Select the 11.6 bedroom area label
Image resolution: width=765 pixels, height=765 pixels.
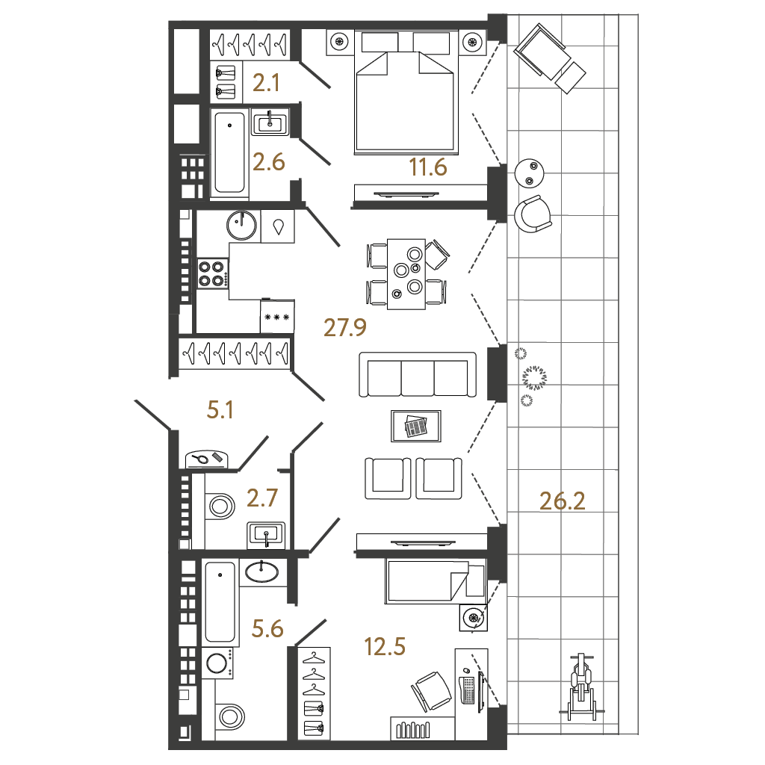click(x=427, y=168)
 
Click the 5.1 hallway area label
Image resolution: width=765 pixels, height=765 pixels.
click(x=221, y=409)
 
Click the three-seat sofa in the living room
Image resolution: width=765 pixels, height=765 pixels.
click(x=418, y=374)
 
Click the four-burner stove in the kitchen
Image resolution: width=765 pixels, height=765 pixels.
click(x=211, y=273)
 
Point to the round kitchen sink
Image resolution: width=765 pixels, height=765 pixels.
click(x=241, y=223)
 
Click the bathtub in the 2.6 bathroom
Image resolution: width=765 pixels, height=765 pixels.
click(x=229, y=152)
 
